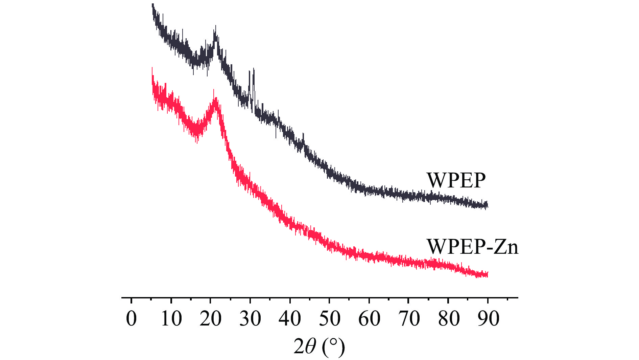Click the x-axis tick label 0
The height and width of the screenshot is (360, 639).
pos(132,318)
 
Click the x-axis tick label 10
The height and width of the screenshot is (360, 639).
pos(171,318)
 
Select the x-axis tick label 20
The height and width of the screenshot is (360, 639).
pos(210,318)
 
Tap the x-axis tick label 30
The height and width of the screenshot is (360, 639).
pos(250,318)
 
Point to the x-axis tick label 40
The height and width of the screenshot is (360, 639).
pos(290,318)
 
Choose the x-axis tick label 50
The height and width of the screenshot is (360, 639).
pos(330,318)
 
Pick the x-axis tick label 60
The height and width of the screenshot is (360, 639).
pos(369,318)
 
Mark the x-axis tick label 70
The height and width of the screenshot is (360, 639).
pos(409,318)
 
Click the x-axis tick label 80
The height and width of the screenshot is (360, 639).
pos(449,318)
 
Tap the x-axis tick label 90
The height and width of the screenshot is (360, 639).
pos(488,318)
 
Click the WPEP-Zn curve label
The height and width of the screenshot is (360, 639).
pos(472,246)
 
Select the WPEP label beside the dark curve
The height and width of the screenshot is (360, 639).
pos(456,180)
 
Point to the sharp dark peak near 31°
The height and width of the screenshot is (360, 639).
pos(254,70)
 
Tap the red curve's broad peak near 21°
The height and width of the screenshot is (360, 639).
pos(214,100)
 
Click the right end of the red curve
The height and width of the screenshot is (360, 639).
pos(487,274)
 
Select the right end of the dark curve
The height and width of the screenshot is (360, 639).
pos(487,205)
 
